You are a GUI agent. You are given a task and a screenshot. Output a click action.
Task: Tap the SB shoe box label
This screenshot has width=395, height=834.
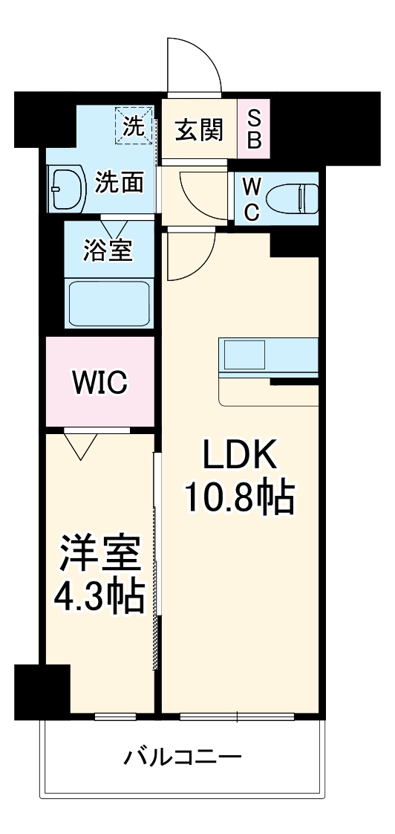[x=254, y=129]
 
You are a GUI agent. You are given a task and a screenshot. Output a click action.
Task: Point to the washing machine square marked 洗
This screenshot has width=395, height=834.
[x=134, y=125]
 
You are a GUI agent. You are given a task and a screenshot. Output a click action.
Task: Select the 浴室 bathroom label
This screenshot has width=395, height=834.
[x=109, y=250]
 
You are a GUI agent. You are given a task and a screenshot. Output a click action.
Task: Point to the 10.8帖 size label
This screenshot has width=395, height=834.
[x=240, y=499]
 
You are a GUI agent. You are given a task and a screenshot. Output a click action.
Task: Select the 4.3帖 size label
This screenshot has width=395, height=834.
[x=99, y=596]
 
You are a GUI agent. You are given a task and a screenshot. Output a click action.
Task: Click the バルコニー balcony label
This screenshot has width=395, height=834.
[x=182, y=759]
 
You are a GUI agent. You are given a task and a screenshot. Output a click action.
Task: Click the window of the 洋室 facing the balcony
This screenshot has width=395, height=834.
[x=115, y=717]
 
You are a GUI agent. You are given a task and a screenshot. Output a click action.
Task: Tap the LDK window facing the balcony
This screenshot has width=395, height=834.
[x=237, y=717]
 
